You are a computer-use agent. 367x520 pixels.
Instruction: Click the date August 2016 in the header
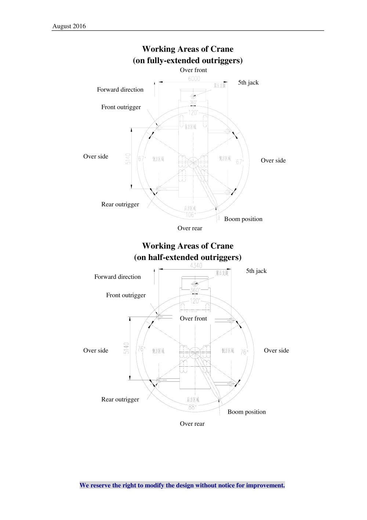(69, 26)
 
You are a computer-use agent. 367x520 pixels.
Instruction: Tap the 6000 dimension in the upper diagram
(194, 78)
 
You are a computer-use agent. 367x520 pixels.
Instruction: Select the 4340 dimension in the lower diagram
(196, 266)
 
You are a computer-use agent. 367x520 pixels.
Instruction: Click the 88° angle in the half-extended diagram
(192, 407)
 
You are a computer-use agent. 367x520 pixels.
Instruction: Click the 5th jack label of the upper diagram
(248, 82)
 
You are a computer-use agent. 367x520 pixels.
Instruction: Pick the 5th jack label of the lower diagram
(256, 271)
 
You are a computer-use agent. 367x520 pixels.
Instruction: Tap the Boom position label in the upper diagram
(243, 219)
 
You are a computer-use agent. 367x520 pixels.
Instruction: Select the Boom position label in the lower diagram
(247, 412)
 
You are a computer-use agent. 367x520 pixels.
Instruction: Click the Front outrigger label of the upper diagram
(121, 107)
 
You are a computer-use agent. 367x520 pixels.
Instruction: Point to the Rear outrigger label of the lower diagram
(120, 399)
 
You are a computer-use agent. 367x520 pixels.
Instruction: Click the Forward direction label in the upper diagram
(120, 89)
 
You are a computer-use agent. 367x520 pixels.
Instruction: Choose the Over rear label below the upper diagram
(190, 228)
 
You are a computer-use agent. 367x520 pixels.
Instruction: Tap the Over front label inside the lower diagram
(193, 318)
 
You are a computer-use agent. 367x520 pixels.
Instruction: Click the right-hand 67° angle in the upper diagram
(240, 162)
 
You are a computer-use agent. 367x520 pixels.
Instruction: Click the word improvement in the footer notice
(265, 485)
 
